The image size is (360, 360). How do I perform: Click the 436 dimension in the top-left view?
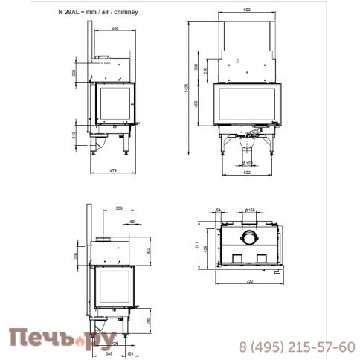(115, 28)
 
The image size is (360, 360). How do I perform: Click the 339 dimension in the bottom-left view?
(119, 209)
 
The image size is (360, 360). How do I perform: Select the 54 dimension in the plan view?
(219, 210)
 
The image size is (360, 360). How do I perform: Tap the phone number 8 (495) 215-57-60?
(296, 347)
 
